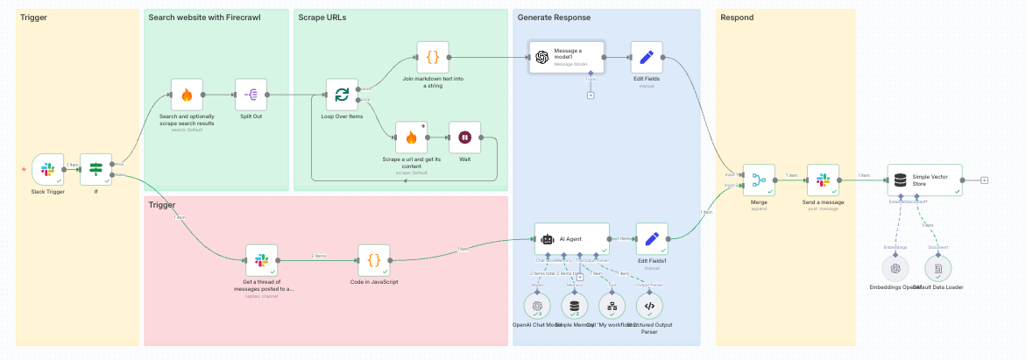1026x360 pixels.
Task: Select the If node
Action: [x=96, y=169]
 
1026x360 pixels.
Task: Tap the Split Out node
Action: [x=251, y=95]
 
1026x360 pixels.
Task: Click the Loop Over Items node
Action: [x=342, y=95]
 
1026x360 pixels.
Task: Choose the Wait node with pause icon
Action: [x=465, y=138]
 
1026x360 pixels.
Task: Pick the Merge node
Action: [x=759, y=180]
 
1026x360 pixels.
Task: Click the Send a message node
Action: [x=823, y=180]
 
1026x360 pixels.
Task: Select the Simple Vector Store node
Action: [x=924, y=180]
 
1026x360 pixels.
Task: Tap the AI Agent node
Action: [x=571, y=238]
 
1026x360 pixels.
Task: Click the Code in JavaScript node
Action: [x=373, y=260]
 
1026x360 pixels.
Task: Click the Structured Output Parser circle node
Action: [x=649, y=306]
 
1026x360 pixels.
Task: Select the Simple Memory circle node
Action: [x=575, y=306]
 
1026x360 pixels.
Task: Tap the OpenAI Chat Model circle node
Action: [x=536, y=306]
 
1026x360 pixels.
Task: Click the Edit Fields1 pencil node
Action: [x=651, y=238]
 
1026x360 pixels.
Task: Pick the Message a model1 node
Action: [x=567, y=57]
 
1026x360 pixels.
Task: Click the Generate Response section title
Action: [x=554, y=18]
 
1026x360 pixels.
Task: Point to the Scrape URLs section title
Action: [x=322, y=18]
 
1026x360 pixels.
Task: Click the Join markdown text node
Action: [x=432, y=57]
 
